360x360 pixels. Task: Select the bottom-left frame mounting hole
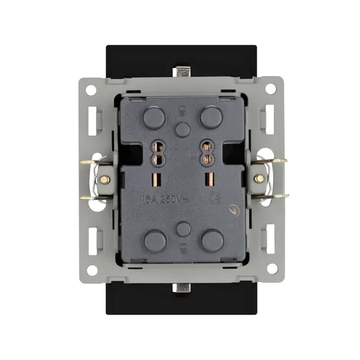tap(91, 269)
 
